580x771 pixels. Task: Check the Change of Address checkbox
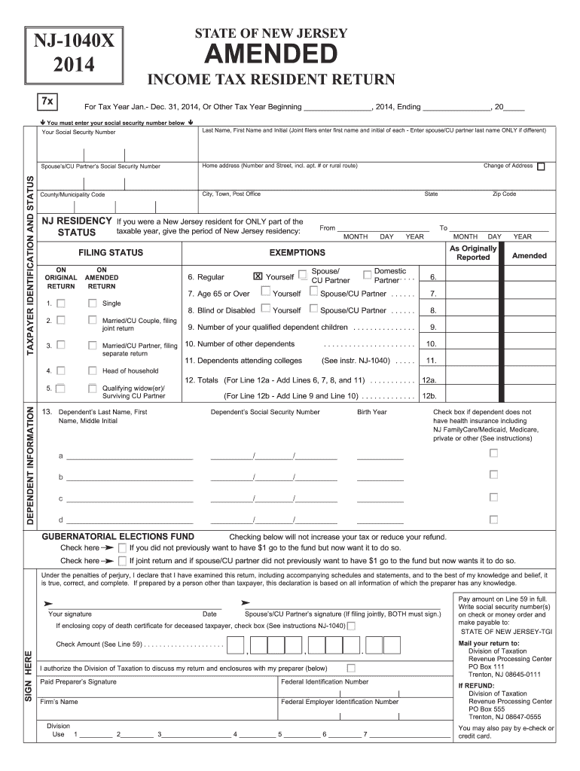pyautogui.click(x=541, y=166)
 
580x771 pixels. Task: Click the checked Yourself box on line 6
pyautogui.click(x=258, y=276)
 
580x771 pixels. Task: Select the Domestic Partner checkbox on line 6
pyautogui.click(x=367, y=274)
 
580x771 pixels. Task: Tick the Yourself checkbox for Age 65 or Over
pyautogui.click(x=265, y=293)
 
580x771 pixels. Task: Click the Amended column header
pyautogui.click(x=530, y=256)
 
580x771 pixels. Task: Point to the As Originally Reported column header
pyautogui.click(x=473, y=253)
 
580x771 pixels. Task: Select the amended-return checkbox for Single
pyautogui.click(x=92, y=303)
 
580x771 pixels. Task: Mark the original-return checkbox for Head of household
pyautogui.click(x=61, y=370)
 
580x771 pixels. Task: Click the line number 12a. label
pyautogui.click(x=432, y=381)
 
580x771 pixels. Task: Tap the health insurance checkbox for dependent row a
pyautogui.click(x=494, y=453)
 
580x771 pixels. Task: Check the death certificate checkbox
pyautogui.click(x=351, y=626)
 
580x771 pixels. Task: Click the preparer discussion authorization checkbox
pyautogui.click(x=350, y=668)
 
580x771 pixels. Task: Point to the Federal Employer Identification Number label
pyautogui.click(x=340, y=702)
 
